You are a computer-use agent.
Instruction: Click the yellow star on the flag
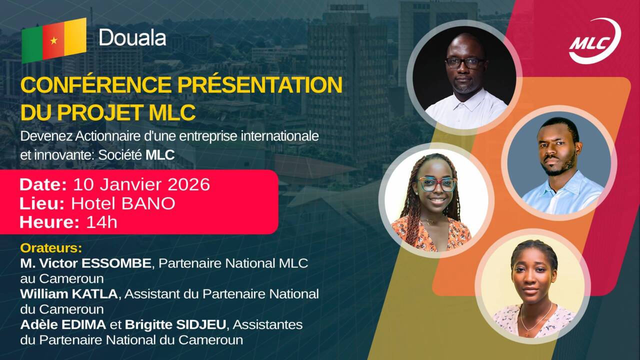tap(53, 40)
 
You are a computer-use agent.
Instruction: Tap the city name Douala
tap(132, 37)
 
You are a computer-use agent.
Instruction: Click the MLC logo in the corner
tap(594, 41)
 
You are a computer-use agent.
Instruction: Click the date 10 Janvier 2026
tap(141, 184)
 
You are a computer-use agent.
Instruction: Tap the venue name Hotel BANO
tap(123, 203)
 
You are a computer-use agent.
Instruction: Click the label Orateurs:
tap(50, 248)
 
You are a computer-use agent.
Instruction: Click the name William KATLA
tap(69, 294)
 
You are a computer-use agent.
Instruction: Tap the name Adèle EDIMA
tap(63, 325)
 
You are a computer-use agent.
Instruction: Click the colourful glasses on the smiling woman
tap(437, 184)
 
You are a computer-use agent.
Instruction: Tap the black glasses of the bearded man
tap(465, 63)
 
